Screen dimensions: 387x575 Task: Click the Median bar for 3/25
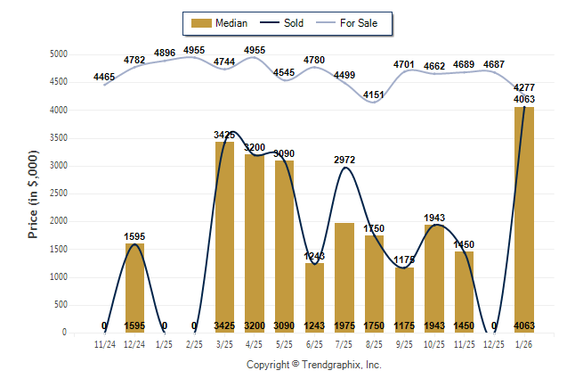pos(224,237)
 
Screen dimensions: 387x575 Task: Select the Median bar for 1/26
pos(524,219)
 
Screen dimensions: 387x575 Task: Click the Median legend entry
pos(219,22)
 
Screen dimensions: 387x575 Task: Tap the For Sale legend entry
pos(355,22)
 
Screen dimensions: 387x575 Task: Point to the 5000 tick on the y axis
pos(58,54)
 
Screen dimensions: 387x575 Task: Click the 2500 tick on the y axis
pos(58,193)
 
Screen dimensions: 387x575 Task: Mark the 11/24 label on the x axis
pos(104,343)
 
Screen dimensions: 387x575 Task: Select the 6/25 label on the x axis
pos(314,343)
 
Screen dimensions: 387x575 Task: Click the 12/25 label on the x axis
pos(494,343)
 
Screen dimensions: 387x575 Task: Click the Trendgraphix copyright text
pos(313,366)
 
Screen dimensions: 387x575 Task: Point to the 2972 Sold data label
pos(344,160)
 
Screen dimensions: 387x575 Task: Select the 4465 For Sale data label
pos(104,78)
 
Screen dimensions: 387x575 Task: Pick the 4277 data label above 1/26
pos(524,87)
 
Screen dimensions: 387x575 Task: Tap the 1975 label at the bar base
pos(344,326)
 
